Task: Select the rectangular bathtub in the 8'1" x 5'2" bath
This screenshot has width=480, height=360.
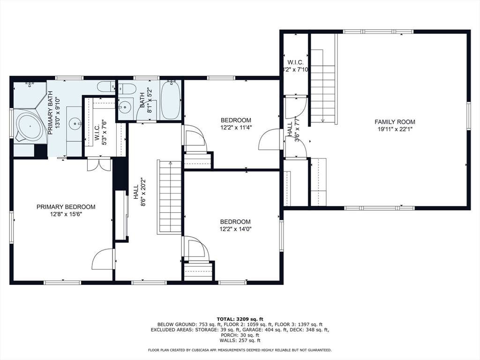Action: pyautogui.click(x=171, y=100)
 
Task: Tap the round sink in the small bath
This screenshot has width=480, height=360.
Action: pyautogui.click(x=124, y=107)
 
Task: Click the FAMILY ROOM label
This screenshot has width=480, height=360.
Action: pyautogui.click(x=395, y=122)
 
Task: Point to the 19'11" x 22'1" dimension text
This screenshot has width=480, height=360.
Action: pyautogui.click(x=395, y=129)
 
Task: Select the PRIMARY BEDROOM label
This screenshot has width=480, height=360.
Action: pyautogui.click(x=66, y=207)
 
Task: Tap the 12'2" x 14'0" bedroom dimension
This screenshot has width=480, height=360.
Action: pyautogui.click(x=235, y=229)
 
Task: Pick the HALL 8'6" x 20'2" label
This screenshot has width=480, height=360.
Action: pyautogui.click(x=139, y=192)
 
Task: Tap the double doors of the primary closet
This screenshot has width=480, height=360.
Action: pyautogui.click(x=99, y=165)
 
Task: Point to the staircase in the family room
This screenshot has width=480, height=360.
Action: pyautogui.click(x=323, y=94)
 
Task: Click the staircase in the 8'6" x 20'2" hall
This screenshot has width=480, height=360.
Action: pyautogui.click(x=169, y=197)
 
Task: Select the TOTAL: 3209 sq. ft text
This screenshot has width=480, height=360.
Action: pyautogui.click(x=240, y=319)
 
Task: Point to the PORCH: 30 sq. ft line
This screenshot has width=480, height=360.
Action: pyautogui.click(x=240, y=335)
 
